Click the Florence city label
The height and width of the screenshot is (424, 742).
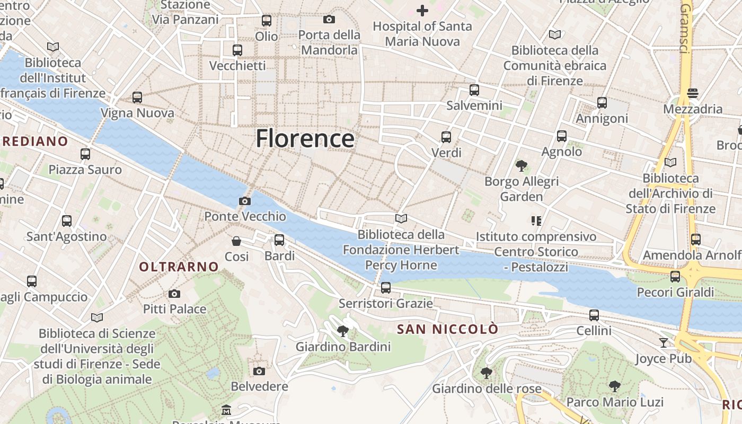pos(305,139)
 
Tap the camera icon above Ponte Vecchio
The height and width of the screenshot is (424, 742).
pos(244,201)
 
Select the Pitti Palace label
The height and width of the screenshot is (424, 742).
pos(174,308)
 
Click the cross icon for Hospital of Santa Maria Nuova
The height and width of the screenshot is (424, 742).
pos(422,10)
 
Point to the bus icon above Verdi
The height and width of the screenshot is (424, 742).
pos(446,137)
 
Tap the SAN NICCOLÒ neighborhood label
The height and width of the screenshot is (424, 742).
pos(448,329)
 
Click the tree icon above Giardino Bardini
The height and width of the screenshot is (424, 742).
pos(343,331)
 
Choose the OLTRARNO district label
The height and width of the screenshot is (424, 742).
pos(179,267)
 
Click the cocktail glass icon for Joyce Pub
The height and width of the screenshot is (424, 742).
pos(664,343)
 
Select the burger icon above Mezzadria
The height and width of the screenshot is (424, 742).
pos(692,93)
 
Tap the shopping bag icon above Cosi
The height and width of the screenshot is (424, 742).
pos(236,241)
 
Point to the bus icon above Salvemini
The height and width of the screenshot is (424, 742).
pos(474,90)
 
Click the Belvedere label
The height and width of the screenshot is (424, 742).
pos(260,386)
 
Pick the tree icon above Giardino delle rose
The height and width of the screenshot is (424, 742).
pos(487,373)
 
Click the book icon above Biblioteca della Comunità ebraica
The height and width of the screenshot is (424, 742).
pos(555,35)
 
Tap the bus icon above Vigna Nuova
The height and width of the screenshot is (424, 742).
pos(137,98)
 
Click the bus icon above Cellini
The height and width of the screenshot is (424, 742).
pos(594,315)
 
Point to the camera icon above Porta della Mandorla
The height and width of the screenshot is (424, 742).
pos(329,20)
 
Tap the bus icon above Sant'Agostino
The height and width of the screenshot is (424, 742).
pos(67,221)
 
